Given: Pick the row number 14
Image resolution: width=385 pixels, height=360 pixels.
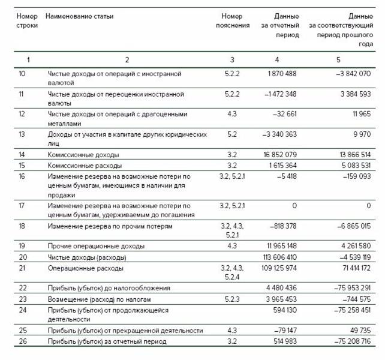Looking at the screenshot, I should coord(22,155).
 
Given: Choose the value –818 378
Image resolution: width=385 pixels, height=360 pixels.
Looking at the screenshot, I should coord(282,227).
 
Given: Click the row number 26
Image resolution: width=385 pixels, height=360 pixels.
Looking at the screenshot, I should coord(22,341).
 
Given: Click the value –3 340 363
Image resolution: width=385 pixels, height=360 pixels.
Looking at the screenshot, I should coord(279,135).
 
